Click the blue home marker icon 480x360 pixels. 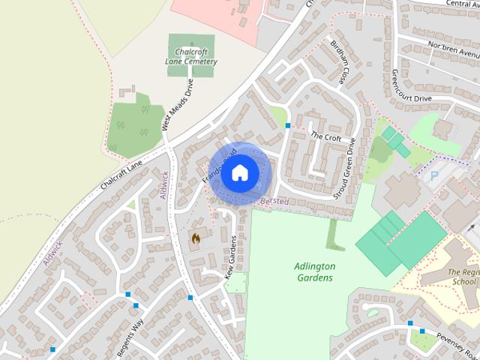tap(239, 172)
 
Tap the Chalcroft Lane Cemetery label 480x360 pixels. tap(190, 56)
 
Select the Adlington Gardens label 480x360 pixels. tap(314, 272)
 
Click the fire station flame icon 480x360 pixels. tap(195, 238)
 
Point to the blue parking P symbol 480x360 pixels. tap(434, 175)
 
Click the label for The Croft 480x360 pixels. tap(326, 137)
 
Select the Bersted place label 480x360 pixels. tap(274, 202)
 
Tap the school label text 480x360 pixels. tap(462, 277)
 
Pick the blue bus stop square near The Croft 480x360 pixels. tap(288, 125)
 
